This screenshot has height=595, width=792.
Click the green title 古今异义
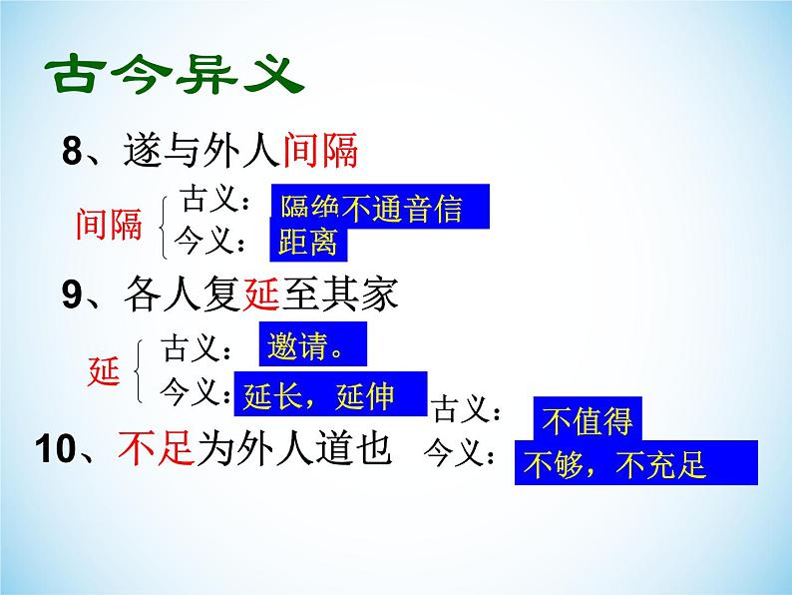click(x=174, y=76)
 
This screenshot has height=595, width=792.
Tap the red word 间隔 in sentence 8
click(x=320, y=152)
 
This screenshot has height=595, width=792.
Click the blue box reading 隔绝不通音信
click(x=379, y=207)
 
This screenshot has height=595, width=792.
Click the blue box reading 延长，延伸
click(x=329, y=395)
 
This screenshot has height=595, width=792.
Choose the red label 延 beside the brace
click(x=104, y=373)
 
